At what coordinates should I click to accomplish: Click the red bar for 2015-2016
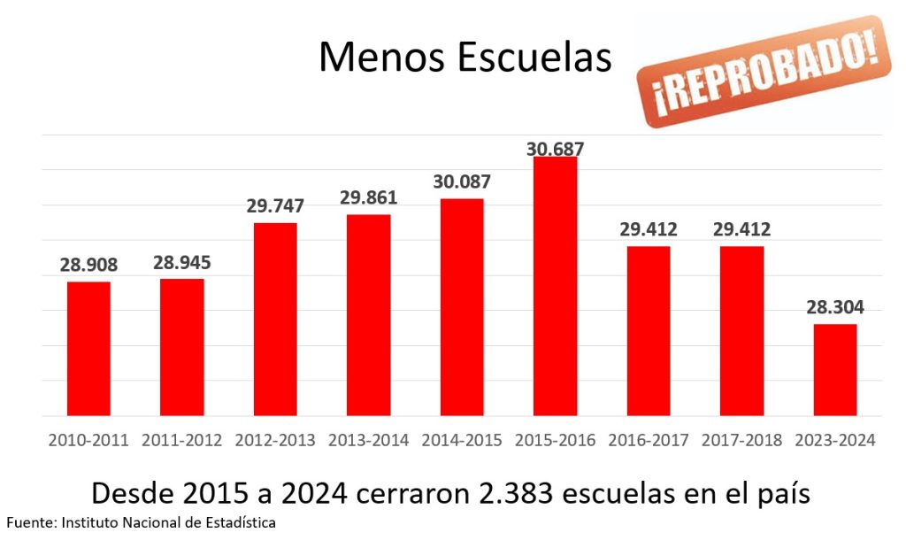pyautogui.click(x=555, y=286)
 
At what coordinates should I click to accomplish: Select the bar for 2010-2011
pyautogui.click(x=88, y=349)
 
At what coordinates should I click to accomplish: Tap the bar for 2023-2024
pyautogui.click(x=834, y=370)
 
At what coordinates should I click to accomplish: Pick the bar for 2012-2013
pyautogui.click(x=275, y=319)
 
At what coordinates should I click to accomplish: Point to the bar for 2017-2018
pyautogui.click(x=741, y=331)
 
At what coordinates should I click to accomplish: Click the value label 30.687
pyautogui.click(x=556, y=149)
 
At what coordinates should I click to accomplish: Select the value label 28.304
pyautogui.click(x=835, y=308)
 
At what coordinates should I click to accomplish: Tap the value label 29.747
pyautogui.click(x=275, y=206)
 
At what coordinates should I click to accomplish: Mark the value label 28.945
pyautogui.click(x=182, y=263)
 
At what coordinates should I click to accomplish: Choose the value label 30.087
pyautogui.click(x=462, y=181)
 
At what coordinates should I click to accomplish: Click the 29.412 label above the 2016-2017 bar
pyautogui.click(x=649, y=230)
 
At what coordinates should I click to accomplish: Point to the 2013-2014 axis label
pyautogui.click(x=368, y=440)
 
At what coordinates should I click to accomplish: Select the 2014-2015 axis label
pyautogui.click(x=462, y=440)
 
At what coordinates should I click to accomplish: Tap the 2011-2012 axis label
pyautogui.click(x=182, y=440)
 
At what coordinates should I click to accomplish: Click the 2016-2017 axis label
pyautogui.click(x=649, y=440)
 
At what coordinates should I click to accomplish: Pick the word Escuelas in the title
pyautogui.click(x=534, y=57)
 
